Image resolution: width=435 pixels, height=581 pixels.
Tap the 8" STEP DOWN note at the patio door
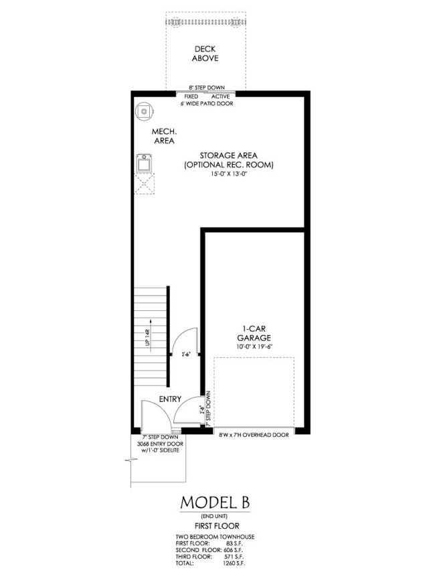tap(206, 88)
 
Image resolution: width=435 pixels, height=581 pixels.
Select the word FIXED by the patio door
tap(191, 96)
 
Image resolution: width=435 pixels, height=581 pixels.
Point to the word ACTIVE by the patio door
tap(221, 96)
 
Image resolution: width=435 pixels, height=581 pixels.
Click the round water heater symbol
tap(144, 111)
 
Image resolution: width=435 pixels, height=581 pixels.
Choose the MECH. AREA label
tap(163, 136)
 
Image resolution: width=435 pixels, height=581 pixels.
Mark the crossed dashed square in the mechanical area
tap(145, 183)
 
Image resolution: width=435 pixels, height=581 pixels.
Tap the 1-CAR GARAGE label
tap(256, 334)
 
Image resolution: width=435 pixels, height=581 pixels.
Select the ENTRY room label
tap(170, 399)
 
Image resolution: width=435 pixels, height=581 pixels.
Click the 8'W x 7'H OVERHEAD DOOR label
tap(254, 435)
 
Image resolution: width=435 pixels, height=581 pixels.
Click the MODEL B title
tap(217, 503)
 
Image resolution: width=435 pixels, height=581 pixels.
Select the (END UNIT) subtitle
tap(217, 515)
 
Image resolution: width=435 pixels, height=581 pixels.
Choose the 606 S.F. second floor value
tap(239, 550)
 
